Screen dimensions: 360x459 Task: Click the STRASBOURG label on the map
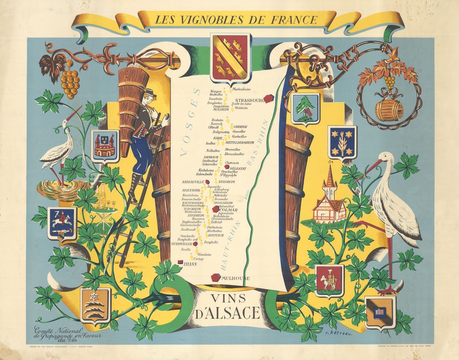point(250,101)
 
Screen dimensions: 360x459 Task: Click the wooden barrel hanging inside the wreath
point(389,110)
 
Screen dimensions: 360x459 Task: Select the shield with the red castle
point(105,143)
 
